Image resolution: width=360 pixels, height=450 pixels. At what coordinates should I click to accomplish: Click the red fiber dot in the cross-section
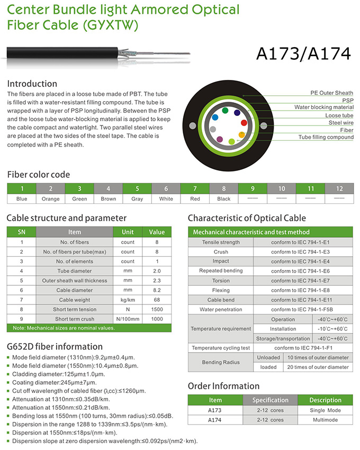pyautogui.click(x=244, y=122)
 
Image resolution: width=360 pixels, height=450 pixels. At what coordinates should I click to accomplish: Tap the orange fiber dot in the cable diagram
pyautogui.click(x=241, y=134)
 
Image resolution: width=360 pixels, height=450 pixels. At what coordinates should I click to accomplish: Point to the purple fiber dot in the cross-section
pyautogui.click(x=219, y=139)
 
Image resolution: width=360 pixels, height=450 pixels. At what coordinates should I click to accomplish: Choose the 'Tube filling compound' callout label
pyautogui.click(x=326, y=137)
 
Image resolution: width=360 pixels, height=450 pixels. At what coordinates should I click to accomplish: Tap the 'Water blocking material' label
pyautogui.click(x=324, y=107)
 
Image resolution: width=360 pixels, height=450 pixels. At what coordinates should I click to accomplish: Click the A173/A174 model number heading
pyautogui.click(x=303, y=53)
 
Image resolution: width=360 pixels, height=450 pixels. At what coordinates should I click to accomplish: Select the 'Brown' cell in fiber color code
pyautogui.click(x=108, y=199)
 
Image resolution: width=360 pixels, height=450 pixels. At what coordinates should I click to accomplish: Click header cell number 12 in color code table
pyautogui.click(x=339, y=188)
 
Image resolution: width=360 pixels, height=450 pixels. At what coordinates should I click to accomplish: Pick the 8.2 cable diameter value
pyautogui.click(x=157, y=290)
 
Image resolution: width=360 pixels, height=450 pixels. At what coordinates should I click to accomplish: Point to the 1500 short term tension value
pyautogui.click(x=157, y=309)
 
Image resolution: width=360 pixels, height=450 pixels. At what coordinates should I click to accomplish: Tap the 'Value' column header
pyautogui.click(x=157, y=232)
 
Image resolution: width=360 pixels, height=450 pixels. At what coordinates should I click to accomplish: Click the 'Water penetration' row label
pyautogui.click(x=221, y=309)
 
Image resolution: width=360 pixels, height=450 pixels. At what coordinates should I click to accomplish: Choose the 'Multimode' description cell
pyautogui.click(x=326, y=420)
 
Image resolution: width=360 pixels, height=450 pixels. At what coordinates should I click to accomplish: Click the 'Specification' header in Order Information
pyautogui.click(x=270, y=400)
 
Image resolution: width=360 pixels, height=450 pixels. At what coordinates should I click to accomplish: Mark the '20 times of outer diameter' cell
pyautogui.click(x=318, y=367)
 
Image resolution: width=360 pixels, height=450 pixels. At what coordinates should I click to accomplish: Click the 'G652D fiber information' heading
pyautogui.click(x=55, y=347)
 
